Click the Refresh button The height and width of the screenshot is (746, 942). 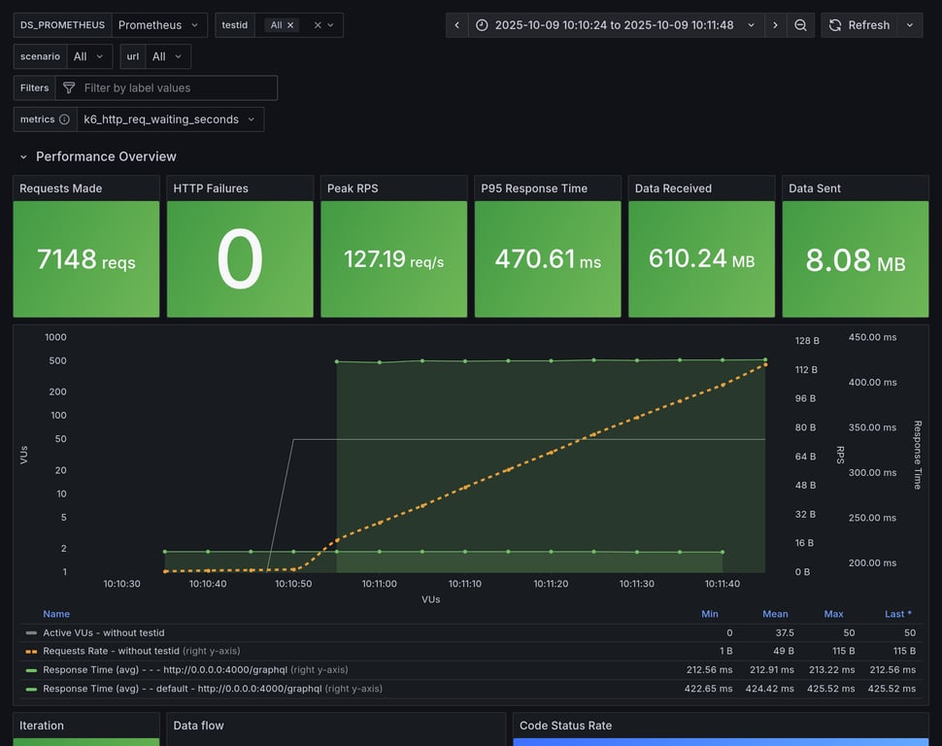click(x=858, y=25)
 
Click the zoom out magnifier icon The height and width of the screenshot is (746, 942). click(x=800, y=25)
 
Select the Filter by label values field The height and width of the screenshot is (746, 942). click(x=175, y=87)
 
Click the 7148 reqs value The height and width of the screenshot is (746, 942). click(x=85, y=259)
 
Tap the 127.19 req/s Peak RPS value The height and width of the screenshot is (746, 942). click(x=393, y=259)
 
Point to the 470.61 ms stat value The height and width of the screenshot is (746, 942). click(x=547, y=259)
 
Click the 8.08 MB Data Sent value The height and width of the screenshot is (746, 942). click(x=855, y=260)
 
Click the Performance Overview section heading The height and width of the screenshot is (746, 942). click(x=106, y=156)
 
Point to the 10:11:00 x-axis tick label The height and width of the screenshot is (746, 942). click(x=379, y=584)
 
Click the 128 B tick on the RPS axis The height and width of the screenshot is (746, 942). click(x=807, y=341)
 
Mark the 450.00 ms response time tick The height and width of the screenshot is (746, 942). click(x=872, y=337)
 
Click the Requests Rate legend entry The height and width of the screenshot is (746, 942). click(x=111, y=651)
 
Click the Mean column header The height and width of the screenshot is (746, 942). click(x=775, y=614)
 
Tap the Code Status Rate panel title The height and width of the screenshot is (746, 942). click(x=565, y=726)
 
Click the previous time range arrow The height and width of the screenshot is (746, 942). click(x=457, y=25)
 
